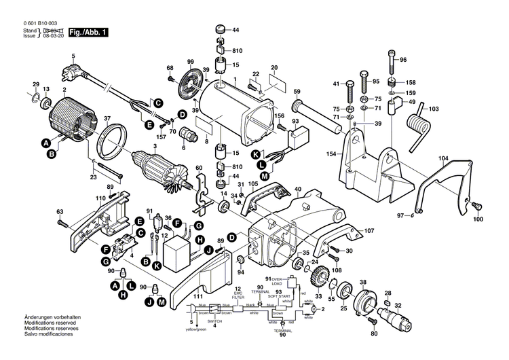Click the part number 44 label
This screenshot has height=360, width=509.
tap(235, 31)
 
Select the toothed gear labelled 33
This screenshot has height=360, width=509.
tap(318, 279)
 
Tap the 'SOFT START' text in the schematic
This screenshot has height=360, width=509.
tap(278, 296)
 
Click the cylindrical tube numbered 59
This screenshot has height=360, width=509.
tap(316, 114)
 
